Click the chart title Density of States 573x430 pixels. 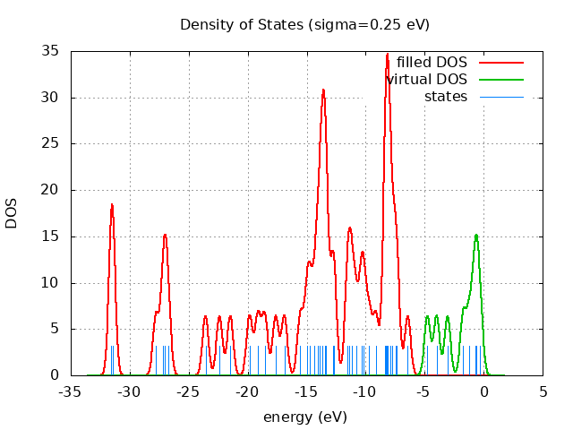(304, 24)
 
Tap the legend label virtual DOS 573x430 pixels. (427, 80)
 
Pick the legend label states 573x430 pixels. (446, 97)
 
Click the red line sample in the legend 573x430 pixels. (500, 63)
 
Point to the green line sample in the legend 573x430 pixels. (500, 80)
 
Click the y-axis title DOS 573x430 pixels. (13, 213)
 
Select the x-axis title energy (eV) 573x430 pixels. (304, 417)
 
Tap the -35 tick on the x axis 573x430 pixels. (71, 391)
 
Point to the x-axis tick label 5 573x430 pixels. (543, 391)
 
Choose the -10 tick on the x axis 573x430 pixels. (365, 391)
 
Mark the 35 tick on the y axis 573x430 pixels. (51, 51)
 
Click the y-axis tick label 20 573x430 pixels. (51, 190)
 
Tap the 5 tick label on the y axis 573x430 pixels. (55, 329)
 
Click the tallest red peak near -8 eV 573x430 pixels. (387, 54)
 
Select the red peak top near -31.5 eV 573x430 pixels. (112, 204)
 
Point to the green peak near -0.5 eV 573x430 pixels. (476, 235)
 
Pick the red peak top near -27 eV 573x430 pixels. (165, 235)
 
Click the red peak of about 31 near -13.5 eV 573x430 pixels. (323, 90)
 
